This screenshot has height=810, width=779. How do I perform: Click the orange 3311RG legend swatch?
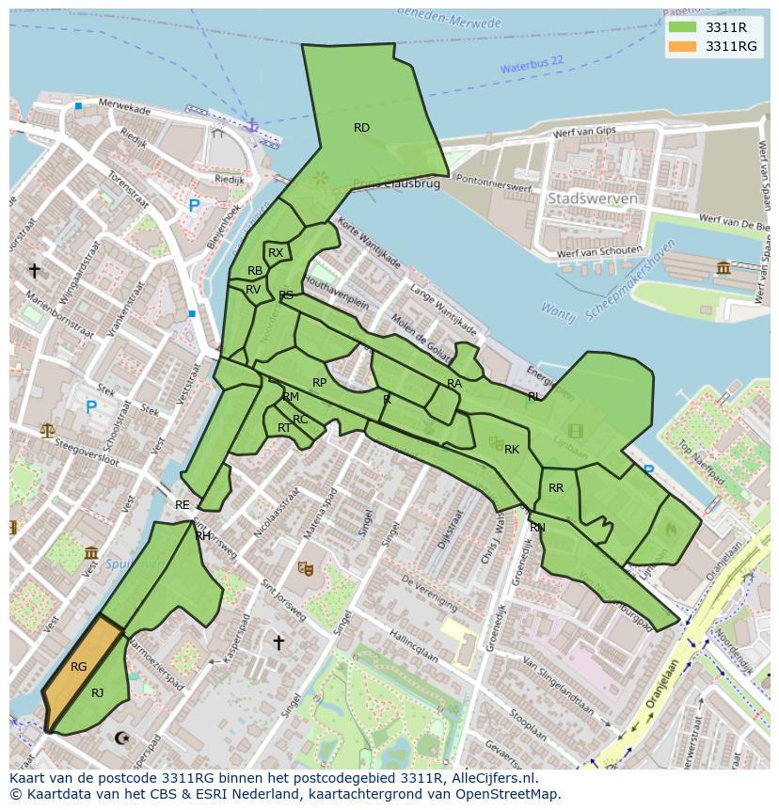point(682,46)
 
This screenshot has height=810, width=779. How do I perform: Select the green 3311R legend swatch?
point(682,27)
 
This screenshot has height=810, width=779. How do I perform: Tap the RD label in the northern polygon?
point(361,127)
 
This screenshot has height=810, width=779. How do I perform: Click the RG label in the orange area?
point(78,666)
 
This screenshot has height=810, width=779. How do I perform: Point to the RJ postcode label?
point(98,692)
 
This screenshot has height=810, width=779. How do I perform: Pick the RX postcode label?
point(276,252)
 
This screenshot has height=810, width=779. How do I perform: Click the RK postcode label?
point(512,449)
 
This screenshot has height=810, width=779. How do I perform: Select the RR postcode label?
point(556,487)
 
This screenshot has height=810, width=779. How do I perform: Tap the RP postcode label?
point(320,382)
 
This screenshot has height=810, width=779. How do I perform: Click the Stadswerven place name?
point(593,199)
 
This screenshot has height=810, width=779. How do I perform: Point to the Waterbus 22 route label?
point(532,65)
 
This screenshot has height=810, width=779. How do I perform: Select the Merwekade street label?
point(124,109)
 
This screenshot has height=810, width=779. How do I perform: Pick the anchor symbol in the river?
point(251,123)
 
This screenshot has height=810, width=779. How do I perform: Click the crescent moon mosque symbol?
point(121,739)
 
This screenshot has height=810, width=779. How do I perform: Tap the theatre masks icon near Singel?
point(305,567)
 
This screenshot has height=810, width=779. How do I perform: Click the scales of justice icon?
point(47,430)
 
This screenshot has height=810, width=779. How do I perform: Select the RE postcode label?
point(183,505)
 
